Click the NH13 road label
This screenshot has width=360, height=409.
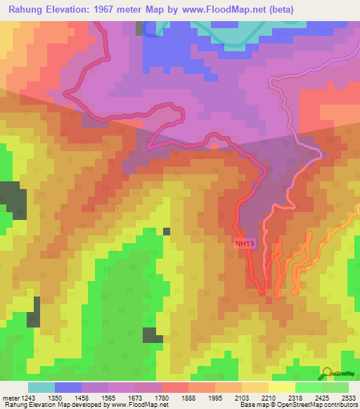tap(243, 243)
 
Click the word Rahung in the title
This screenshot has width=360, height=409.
tap(27, 9)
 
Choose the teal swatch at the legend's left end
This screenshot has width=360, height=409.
tap(41, 387)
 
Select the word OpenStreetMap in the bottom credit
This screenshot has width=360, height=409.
tap(309, 405)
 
